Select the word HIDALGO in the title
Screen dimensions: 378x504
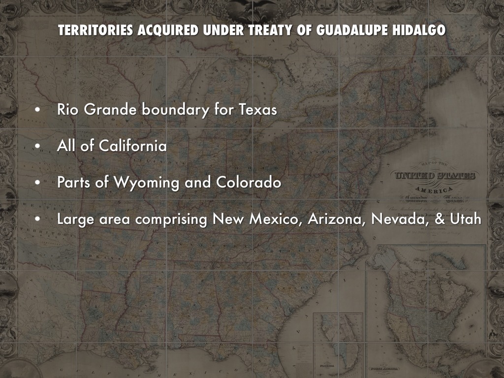click(419, 31)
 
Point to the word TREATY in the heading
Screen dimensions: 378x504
click(268, 31)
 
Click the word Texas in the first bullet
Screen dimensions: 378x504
click(258, 110)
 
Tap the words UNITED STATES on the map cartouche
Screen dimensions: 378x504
click(436, 176)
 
